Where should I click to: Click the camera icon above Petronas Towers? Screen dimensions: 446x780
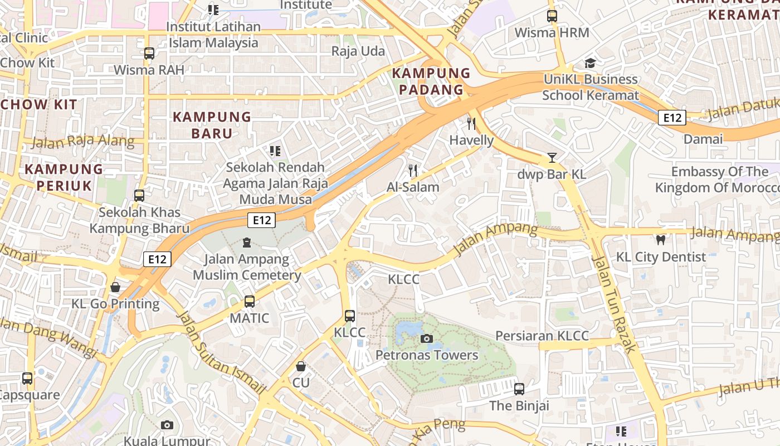pos(427,338)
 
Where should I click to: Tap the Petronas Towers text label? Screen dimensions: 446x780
pos(427,355)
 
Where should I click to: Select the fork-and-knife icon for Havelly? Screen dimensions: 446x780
pos(471,123)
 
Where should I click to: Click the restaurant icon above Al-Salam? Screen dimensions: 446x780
pos(413,170)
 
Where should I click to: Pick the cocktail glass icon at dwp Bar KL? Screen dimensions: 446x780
pos(552,158)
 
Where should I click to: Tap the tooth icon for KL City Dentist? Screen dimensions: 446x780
pos(661,240)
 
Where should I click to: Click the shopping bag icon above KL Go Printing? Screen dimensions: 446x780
pos(115,287)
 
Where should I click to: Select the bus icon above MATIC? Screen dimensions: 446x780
pos(250,302)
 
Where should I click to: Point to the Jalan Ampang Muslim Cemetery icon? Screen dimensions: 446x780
pos(247,243)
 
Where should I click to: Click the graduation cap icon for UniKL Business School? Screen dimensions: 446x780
pos(590,63)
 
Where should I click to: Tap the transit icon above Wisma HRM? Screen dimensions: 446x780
pos(552,16)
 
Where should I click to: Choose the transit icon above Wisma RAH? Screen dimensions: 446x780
pos(149,54)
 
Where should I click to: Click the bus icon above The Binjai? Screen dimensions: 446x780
pos(519,389)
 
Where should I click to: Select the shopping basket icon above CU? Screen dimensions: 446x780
pos(301,366)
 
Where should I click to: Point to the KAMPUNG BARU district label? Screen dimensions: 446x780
pos(212,125)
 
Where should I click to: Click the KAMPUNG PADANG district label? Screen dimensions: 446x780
pos(431,81)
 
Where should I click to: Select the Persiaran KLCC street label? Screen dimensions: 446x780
pos(542,336)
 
